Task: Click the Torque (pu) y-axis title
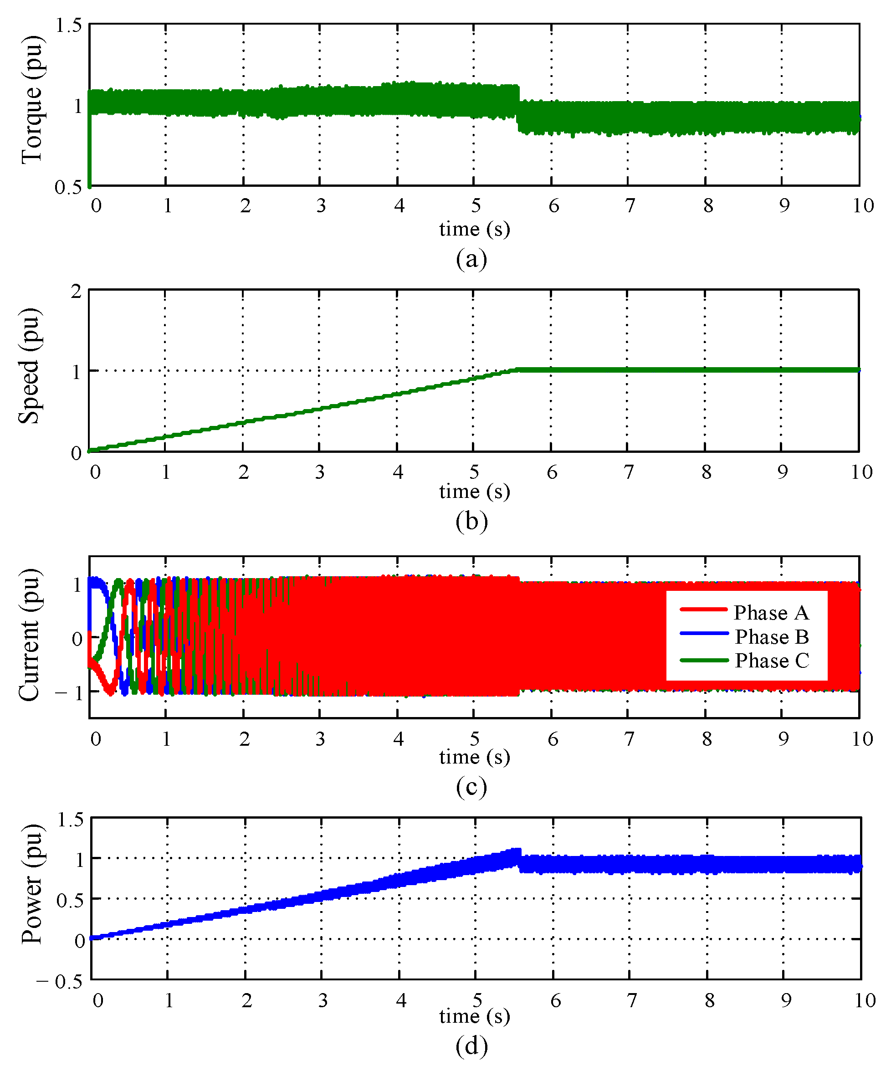(31, 100)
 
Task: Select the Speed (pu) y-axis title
(29, 366)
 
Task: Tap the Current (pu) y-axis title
(29, 635)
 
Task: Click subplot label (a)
(471, 259)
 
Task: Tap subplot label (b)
(471, 521)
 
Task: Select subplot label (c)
(471, 787)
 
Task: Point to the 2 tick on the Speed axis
(76, 292)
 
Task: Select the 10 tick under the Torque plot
(863, 206)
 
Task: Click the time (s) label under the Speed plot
(474, 492)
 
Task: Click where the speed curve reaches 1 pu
(517, 369)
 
